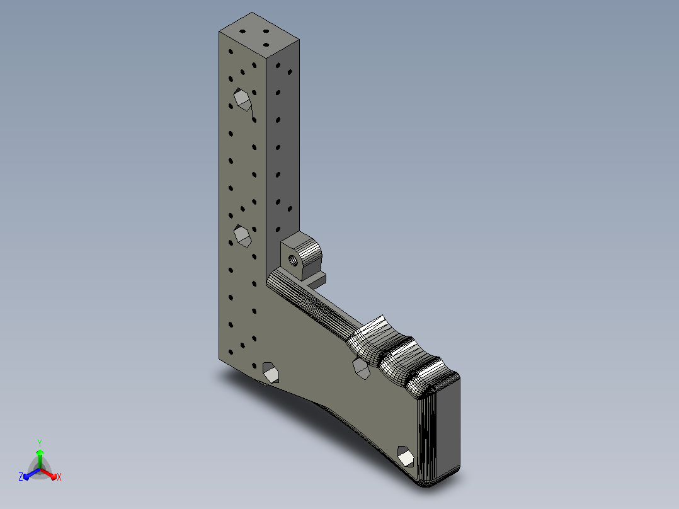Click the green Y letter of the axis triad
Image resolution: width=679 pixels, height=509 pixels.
(x=40, y=443)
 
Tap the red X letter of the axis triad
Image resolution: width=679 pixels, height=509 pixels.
(x=59, y=477)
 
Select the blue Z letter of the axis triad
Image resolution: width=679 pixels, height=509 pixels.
(x=20, y=476)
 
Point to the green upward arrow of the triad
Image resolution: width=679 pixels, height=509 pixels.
(x=40, y=459)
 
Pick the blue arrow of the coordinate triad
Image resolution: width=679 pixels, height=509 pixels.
(x=31, y=474)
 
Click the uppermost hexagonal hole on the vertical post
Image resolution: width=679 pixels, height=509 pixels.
(x=243, y=99)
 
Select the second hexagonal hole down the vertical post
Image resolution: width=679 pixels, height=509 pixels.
(x=243, y=236)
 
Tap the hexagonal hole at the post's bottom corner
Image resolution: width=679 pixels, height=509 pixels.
(x=271, y=372)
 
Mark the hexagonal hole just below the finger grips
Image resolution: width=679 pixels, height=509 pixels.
(x=361, y=368)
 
